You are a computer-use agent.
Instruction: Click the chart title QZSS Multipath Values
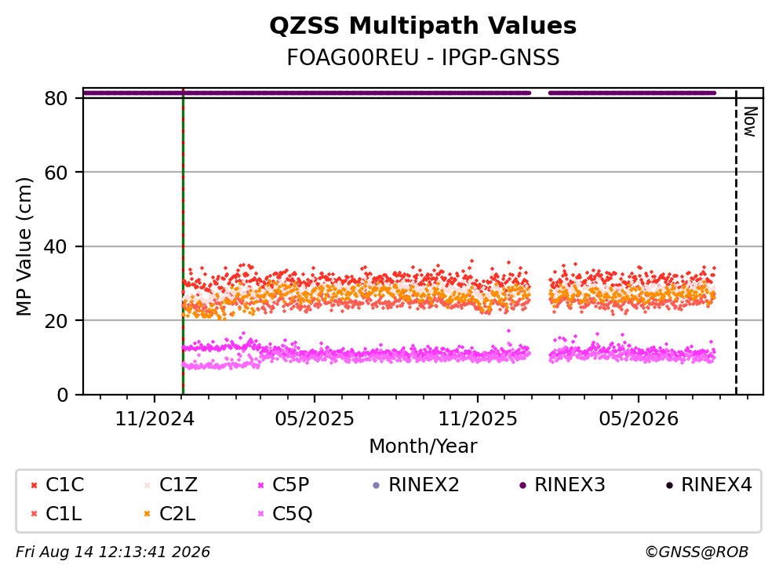[423, 26]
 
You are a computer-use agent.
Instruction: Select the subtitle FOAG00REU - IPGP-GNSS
[423, 57]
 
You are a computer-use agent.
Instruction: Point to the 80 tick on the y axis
[56, 98]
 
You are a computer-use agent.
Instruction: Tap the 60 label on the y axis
[56, 173]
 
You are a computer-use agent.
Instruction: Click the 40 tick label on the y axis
[56, 246]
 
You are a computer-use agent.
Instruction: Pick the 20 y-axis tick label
[56, 320]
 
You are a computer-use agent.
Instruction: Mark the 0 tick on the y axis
[63, 395]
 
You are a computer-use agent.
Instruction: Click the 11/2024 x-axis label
[155, 419]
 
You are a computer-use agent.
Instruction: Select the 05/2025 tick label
[315, 419]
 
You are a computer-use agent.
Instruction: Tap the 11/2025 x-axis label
[478, 419]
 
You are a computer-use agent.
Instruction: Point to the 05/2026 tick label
[639, 419]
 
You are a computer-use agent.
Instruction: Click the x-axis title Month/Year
[423, 447]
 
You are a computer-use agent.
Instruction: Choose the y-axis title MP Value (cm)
[24, 246]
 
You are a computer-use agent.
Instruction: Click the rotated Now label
[750, 122]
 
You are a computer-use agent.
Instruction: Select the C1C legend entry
[57, 484]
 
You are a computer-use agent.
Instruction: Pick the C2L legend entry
[169, 514]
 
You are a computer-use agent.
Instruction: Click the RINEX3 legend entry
[562, 484]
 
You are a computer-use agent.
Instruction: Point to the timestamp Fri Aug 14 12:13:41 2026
[113, 552]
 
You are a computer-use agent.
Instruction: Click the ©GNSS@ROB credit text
[697, 552]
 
